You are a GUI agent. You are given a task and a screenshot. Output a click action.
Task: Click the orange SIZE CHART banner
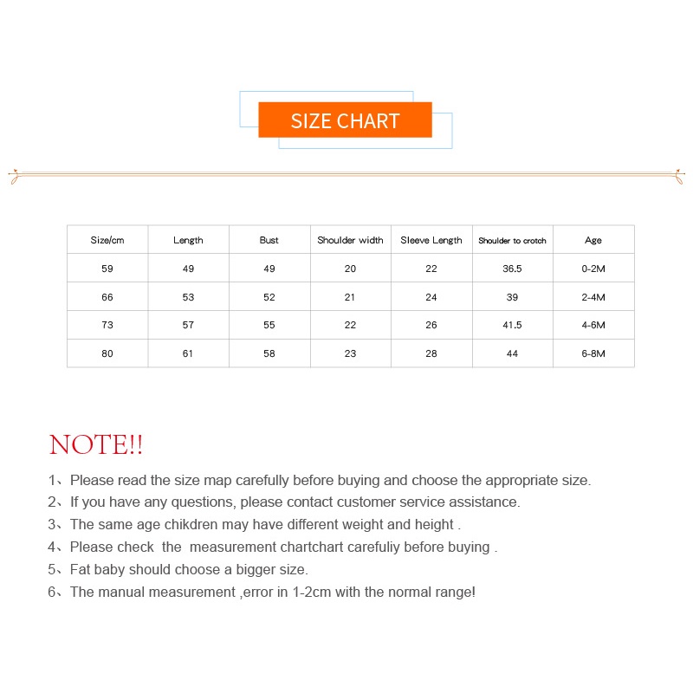point(345,120)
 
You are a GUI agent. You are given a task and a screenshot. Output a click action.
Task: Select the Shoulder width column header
point(350,240)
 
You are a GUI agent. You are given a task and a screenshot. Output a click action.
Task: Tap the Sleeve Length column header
point(431,240)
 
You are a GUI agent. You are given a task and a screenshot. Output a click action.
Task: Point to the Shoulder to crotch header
point(512,241)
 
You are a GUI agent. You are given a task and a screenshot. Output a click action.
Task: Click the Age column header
point(593,240)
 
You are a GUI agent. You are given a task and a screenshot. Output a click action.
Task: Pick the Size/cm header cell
point(107,240)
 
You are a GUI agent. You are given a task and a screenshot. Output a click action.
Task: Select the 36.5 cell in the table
point(512,269)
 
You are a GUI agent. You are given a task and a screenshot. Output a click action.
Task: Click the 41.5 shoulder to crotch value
point(512,325)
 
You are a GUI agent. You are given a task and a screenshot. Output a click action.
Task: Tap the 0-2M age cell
point(593,269)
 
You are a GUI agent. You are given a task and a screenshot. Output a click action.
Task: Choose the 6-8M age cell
point(593,353)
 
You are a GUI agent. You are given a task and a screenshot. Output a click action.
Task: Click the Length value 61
point(188,353)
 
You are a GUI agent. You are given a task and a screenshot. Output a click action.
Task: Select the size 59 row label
point(107,269)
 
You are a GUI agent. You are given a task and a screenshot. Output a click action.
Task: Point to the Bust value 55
point(269,325)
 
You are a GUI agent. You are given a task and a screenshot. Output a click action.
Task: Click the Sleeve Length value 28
point(431,353)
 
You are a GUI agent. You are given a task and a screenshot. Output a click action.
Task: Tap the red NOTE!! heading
point(96,445)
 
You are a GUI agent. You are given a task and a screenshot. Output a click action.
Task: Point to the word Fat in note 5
point(81,569)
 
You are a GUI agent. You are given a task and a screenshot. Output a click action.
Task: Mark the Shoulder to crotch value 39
point(512,297)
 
